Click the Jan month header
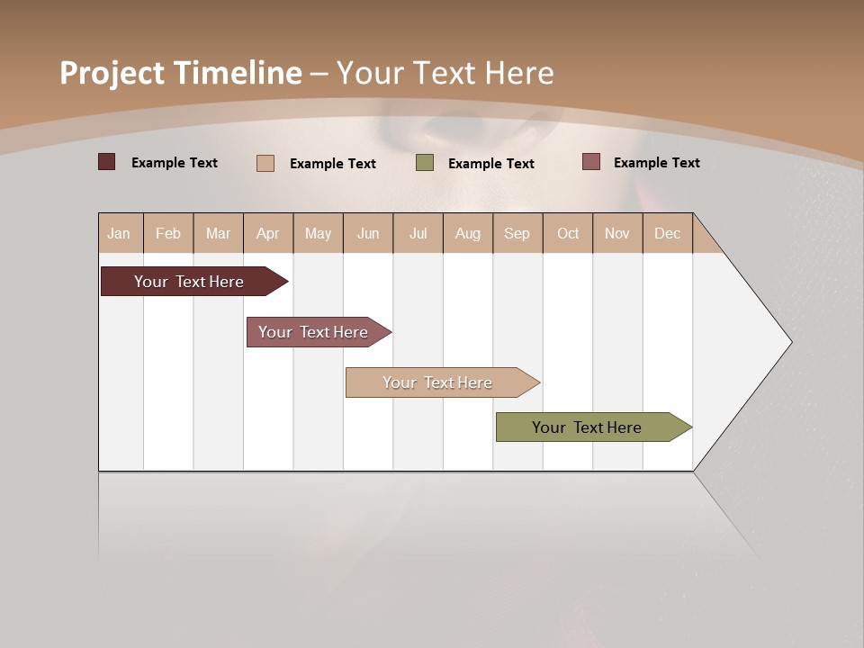coord(119,233)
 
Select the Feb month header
coord(168,233)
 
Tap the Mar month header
coord(218,233)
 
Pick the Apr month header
coord(268,233)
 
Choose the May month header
coord(318,233)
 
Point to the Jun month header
coord(368,233)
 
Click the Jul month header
coord(418,233)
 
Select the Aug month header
coord(468,233)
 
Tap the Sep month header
coord(517,233)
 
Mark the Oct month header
coord(568,233)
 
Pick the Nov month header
coord(617,233)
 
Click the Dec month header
coord(668,233)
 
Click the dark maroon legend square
coord(106,162)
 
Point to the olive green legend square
coord(425,163)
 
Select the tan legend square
coord(265,163)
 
